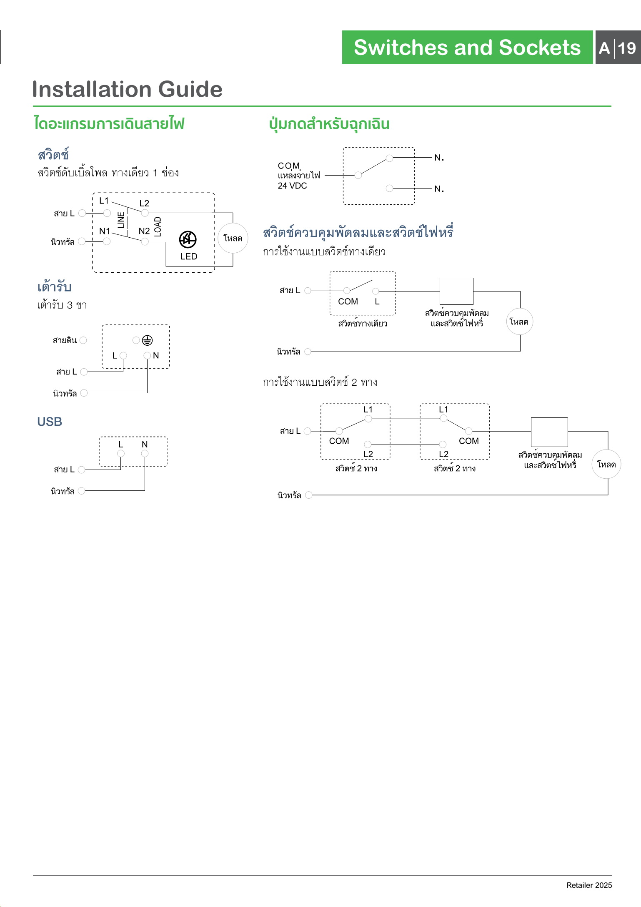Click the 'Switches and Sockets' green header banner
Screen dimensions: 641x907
pyautogui.click(x=467, y=47)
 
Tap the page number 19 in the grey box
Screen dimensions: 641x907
pyautogui.click(x=627, y=48)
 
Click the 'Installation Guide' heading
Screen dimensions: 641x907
pyautogui.click(x=127, y=89)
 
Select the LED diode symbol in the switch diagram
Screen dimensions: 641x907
pyautogui.click(x=188, y=239)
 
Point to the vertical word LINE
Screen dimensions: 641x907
pyautogui.click(x=121, y=220)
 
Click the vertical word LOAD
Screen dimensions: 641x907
pyautogui.click(x=158, y=227)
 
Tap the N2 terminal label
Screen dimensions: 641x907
pyautogui.click(x=144, y=231)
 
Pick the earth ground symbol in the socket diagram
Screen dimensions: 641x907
pyautogui.click(x=147, y=340)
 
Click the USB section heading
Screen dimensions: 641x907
pyautogui.click(x=50, y=422)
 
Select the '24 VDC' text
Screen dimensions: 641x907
pyautogui.click(x=292, y=186)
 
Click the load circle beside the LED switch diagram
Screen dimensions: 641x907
pyautogui.click(x=233, y=238)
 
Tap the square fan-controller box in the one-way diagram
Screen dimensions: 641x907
pyautogui.click(x=456, y=291)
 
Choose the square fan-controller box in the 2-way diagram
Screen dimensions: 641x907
pyautogui.click(x=549, y=432)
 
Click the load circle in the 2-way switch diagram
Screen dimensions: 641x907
pyautogui.click(x=606, y=464)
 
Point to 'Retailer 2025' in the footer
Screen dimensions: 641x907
pyautogui.click(x=589, y=885)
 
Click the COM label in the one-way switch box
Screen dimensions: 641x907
pyautogui.click(x=348, y=301)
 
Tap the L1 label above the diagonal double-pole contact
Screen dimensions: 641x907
pyautogui.click(x=104, y=201)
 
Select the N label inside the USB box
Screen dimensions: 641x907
pyautogui.click(x=145, y=445)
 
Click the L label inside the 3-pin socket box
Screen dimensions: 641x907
pyautogui.click(x=115, y=356)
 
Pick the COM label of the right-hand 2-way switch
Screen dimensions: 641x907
pyautogui.click(x=469, y=441)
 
